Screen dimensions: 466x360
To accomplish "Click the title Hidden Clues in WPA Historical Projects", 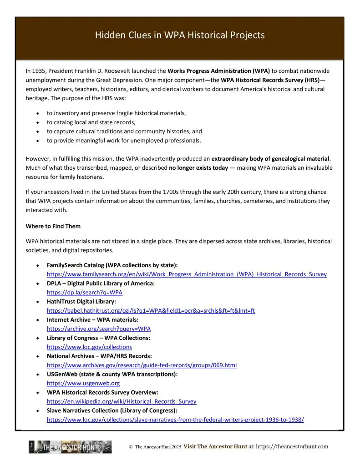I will [180, 35].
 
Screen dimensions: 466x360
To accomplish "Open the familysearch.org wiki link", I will [187, 274].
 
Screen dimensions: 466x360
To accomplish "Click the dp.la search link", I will [85, 293].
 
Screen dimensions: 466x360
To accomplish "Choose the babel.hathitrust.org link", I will [151, 311].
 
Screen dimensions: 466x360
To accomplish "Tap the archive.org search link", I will [99, 329].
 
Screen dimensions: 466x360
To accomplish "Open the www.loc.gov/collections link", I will [89, 347].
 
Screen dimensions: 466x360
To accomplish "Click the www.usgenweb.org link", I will [83, 383].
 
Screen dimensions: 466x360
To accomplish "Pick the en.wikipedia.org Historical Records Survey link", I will [122, 401].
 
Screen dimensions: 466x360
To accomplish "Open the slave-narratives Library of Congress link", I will [175, 420].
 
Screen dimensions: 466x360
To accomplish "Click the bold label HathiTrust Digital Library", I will [81, 302].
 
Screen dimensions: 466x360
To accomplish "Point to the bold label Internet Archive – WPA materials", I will [93, 320].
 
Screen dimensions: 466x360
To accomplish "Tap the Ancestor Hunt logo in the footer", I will [70, 447].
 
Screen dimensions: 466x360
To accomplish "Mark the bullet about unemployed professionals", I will [123, 141].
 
